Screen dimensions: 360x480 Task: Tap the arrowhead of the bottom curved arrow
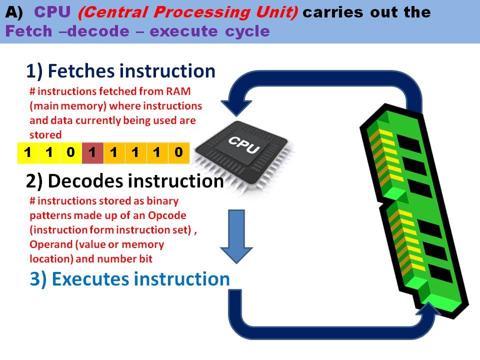pos(428,314)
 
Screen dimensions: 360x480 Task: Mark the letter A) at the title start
pos(13,12)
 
